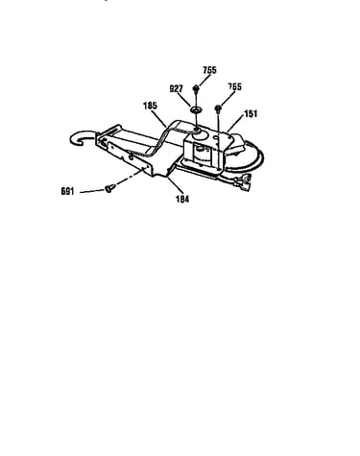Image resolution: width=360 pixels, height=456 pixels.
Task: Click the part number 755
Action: click(209, 70)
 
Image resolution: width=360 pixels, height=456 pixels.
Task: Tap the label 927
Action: click(176, 88)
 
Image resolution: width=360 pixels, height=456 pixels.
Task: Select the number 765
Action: click(234, 86)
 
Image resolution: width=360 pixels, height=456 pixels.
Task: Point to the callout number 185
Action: click(150, 106)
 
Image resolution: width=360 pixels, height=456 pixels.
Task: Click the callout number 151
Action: click(251, 113)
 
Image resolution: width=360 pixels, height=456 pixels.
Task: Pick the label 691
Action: click(67, 191)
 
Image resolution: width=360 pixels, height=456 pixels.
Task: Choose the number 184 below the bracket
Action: click(182, 199)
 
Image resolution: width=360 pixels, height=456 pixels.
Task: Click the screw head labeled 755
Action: click(196, 88)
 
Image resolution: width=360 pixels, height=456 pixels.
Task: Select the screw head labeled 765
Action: click(218, 108)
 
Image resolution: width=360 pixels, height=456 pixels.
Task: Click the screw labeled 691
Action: click(108, 189)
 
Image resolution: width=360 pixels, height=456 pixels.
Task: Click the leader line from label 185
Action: click(159, 118)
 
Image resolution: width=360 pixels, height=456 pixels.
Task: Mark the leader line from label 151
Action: click(236, 124)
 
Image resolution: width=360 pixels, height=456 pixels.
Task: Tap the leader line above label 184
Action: click(174, 185)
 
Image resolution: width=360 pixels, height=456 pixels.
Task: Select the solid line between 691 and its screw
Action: click(92, 191)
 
